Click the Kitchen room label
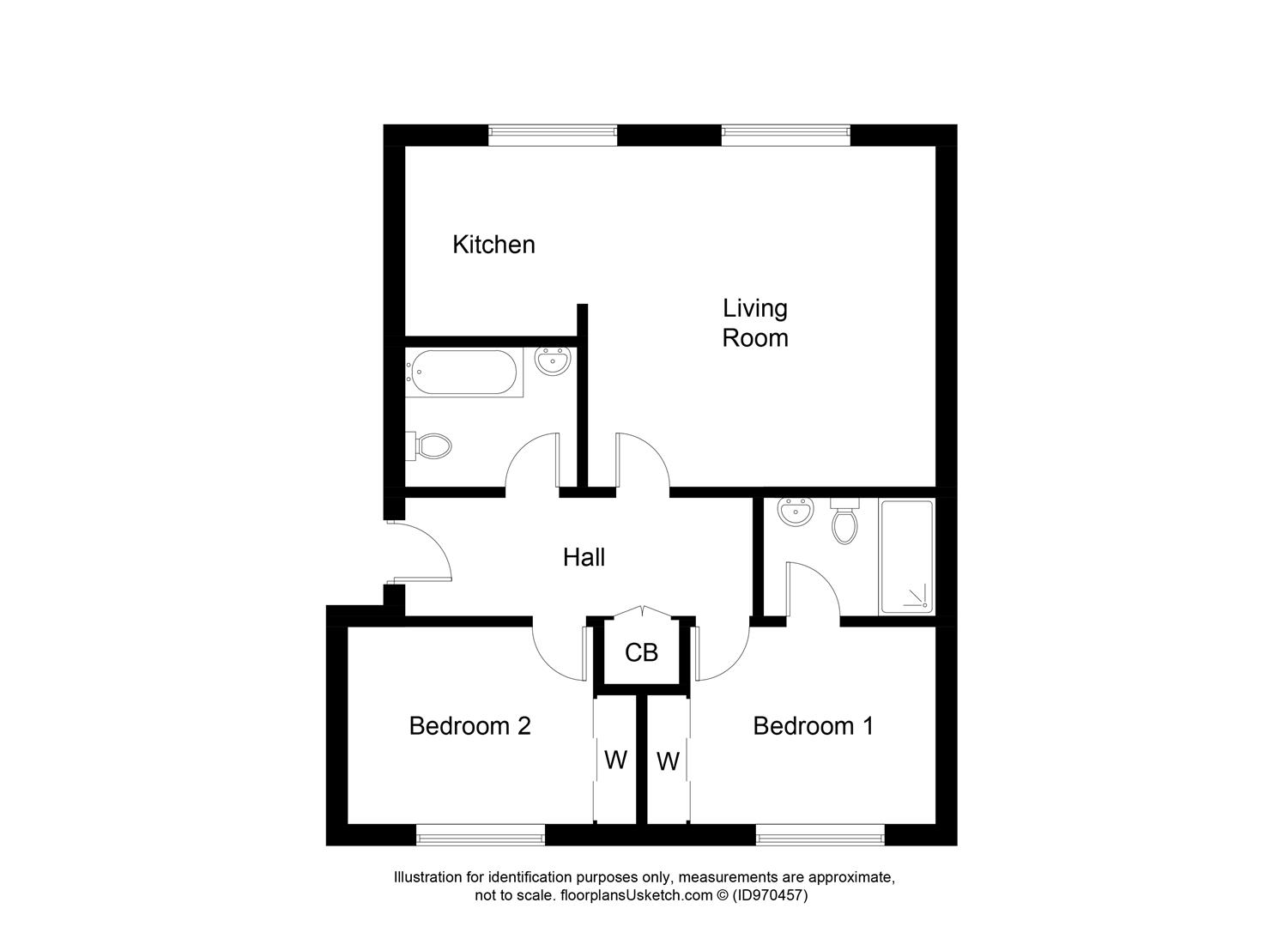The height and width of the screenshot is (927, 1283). [493, 245]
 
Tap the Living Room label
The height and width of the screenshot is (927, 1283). [754, 323]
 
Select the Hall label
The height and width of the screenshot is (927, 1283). [584, 558]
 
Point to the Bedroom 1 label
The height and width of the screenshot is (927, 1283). [813, 726]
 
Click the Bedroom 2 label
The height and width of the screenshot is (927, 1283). [469, 726]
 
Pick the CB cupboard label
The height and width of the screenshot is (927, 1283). [641, 653]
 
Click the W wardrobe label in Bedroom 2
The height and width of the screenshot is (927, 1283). [615, 760]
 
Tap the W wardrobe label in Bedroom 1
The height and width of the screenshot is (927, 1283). [668, 761]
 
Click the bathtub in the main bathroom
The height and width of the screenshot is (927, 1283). [463, 373]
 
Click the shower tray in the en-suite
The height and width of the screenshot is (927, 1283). [906, 557]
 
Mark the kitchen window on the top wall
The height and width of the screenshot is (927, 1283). [553, 132]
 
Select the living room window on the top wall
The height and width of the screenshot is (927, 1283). [785, 132]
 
